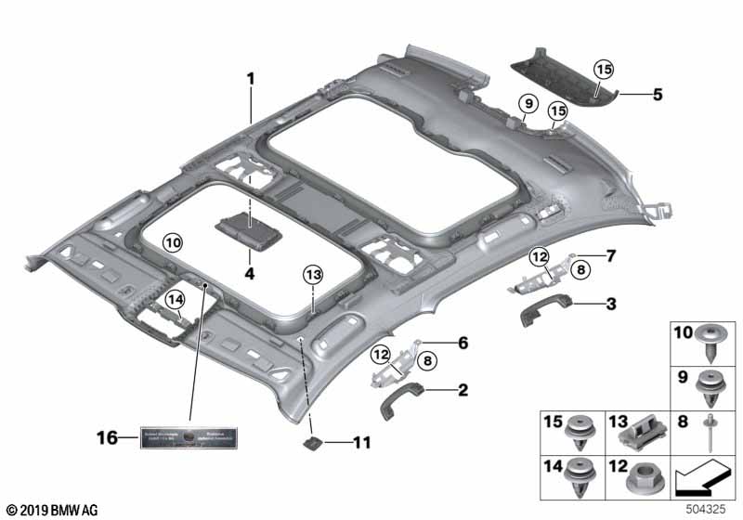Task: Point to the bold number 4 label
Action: [248, 274]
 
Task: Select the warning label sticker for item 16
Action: [189, 436]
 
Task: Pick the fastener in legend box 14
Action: [581, 478]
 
